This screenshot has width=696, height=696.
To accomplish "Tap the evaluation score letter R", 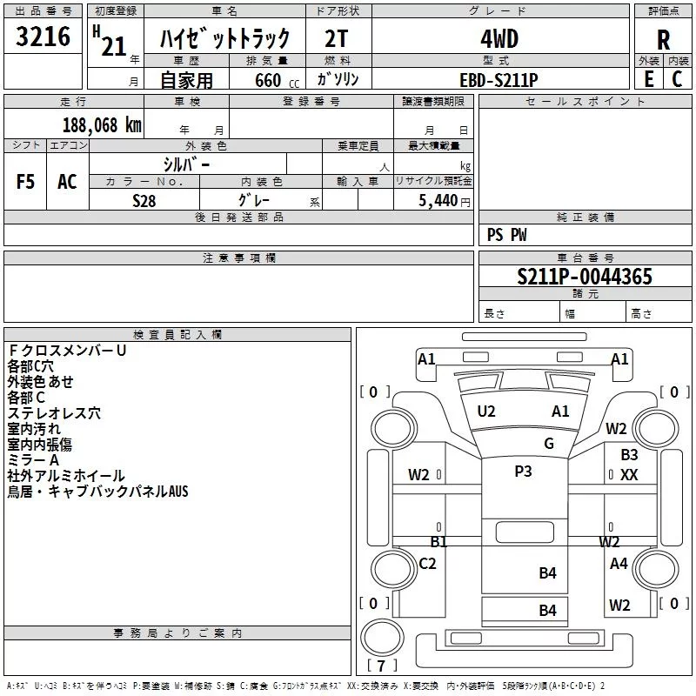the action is [x=663, y=41].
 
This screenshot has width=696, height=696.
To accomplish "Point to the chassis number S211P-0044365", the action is [x=584, y=277].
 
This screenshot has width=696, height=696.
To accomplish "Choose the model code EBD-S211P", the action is [x=499, y=79].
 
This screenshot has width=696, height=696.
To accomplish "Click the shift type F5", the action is [x=26, y=182].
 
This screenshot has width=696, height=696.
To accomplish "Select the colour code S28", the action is [x=144, y=200].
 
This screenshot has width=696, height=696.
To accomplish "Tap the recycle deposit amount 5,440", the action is [x=438, y=200].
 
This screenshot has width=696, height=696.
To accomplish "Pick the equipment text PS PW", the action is [x=506, y=234].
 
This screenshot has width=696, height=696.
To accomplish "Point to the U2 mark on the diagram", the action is [x=486, y=412].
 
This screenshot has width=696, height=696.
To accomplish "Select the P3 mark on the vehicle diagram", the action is [x=523, y=471].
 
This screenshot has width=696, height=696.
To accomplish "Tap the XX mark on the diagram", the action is [x=630, y=475].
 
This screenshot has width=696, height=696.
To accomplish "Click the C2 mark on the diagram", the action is [x=427, y=564].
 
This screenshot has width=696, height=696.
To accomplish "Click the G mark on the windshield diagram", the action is [x=549, y=443].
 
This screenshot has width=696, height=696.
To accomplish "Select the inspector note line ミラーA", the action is [x=33, y=459].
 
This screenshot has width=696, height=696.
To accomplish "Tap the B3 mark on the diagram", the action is [x=629, y=454].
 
